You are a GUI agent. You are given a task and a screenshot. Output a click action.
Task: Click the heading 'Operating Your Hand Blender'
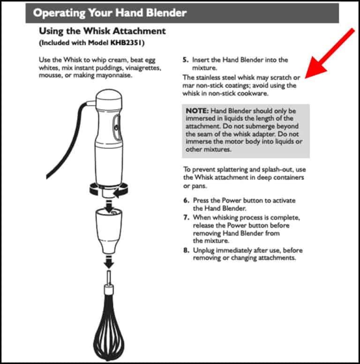click(109, 13)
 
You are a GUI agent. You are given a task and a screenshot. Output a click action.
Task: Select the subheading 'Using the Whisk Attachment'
click(102, 31)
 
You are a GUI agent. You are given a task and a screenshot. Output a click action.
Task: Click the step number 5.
click(185, 60)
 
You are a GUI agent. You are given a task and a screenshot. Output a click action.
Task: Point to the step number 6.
click(185, 201)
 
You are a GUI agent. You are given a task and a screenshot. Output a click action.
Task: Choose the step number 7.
click(185, 218)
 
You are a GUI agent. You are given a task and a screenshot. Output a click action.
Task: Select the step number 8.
click(185, 250)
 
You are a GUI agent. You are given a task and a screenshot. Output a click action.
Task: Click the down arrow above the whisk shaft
click(109, 262)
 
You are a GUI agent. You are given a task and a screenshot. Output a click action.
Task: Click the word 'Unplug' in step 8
click(205, 250)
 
